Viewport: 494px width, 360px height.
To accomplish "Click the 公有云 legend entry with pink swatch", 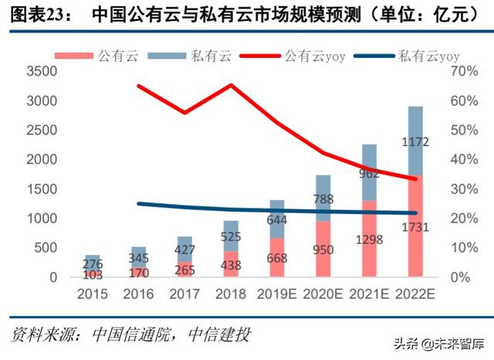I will pyautogui.click(x=112, y=55).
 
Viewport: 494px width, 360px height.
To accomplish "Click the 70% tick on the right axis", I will pyautogui.click(x=466, y=72).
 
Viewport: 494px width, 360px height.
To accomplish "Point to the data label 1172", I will pyautogui.click(x=415, y=142).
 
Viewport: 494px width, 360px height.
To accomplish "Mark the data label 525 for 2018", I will pyautogui.click(x=232, y=236).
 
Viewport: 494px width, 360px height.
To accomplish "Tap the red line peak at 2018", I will pyautogui.click(x=232, y=85).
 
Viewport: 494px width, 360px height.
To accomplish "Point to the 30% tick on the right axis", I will pyautogui.click(x=466, y=189).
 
